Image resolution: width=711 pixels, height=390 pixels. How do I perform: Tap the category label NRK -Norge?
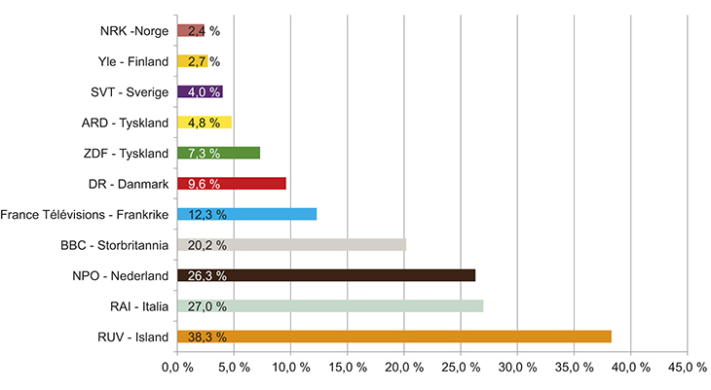coord(134,30)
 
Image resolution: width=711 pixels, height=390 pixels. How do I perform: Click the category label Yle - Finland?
coord(132,61)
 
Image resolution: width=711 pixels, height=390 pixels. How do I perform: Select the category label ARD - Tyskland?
coord(127,123)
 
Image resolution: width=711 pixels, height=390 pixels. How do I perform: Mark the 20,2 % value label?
coord(206,245)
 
